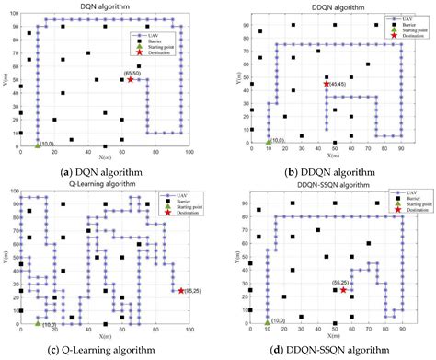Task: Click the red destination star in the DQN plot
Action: pos(130,80)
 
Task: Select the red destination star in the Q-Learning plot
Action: pos(180,291)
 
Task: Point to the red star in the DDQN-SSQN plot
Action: pos(344,290)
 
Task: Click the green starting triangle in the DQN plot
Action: pos(37,145)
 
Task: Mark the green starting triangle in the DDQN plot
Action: pos(268,142)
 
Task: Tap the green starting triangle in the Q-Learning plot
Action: pos(37,323)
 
